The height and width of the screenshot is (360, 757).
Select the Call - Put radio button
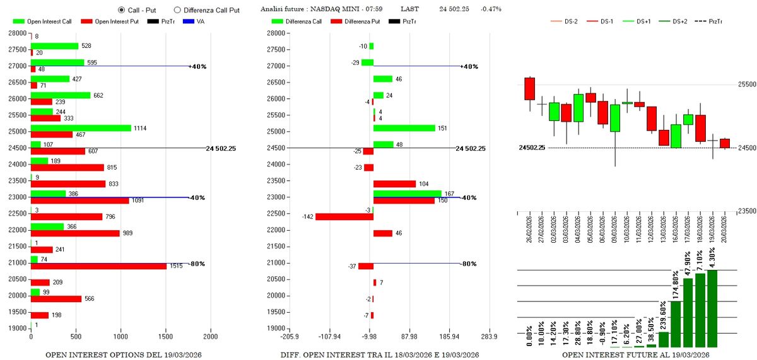[122, 10]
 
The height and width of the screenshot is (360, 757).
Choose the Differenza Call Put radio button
[177, 10]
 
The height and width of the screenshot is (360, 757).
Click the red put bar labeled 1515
[98, 267]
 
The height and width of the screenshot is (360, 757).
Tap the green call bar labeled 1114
[81, 128]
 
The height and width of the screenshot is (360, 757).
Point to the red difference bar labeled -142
[344, 217]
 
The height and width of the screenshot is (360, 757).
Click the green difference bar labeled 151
[404, 128]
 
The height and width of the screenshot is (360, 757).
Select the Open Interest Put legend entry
[116, 21]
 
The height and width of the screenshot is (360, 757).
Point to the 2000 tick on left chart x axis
[210, 337]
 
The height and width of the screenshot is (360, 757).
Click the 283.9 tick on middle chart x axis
[490, 337]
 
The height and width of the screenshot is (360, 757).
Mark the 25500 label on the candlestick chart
[747, 84]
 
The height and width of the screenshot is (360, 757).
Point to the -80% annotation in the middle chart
[468, 264]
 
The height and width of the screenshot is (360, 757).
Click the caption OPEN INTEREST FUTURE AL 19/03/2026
[635, 356]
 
